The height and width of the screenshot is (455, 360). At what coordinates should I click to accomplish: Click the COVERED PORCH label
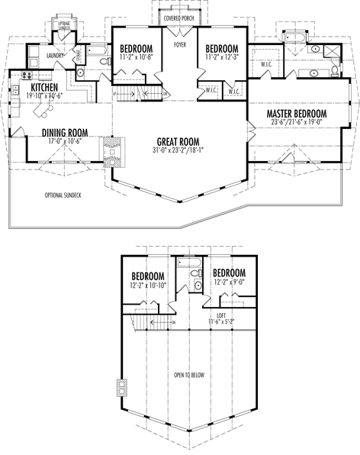(179, 18)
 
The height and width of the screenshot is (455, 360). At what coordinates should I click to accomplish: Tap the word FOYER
(180, 45)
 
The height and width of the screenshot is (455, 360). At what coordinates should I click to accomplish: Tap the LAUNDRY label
(54, 56)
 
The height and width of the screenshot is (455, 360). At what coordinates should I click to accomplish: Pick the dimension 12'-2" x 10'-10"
(149, 286)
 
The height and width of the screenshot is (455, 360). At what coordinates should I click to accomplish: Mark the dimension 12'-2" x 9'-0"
(229, 282)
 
